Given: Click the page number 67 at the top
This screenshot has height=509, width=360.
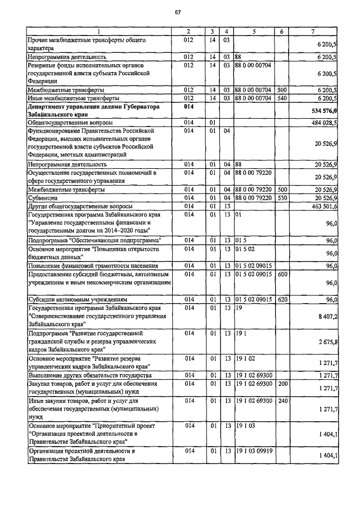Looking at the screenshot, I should [178, 12].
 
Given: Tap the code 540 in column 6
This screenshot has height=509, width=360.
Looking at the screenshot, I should [282, 98].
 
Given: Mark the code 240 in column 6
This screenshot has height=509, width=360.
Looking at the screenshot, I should [282, 401].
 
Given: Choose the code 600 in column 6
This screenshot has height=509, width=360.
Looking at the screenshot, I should [282, 274].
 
